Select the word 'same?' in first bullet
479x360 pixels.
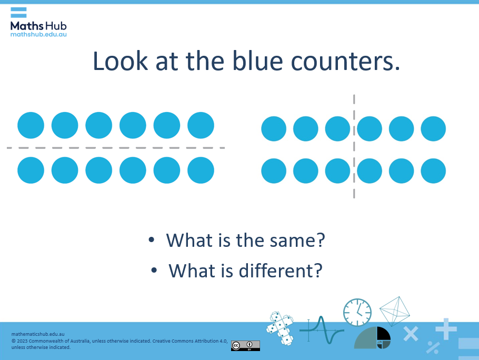(297, 241)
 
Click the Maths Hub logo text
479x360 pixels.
(38, 25)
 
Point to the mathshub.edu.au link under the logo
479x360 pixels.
(38, 34)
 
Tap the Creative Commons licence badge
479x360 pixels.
(245, 346)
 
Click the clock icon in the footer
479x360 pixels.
(357, 312)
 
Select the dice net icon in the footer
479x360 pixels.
(280, 328)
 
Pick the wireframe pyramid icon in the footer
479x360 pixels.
(395, 311)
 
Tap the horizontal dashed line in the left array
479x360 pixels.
(116, 148)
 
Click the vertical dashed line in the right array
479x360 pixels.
(354, 147)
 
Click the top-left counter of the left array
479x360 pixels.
(31, 125)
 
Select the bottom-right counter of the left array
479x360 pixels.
(201, 170)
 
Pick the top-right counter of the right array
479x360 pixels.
(433, 128)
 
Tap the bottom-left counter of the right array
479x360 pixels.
(274, 171)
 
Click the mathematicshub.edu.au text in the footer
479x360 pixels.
(38, 334)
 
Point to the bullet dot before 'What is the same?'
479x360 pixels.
(152, 240)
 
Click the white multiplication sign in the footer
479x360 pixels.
(411, 333)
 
